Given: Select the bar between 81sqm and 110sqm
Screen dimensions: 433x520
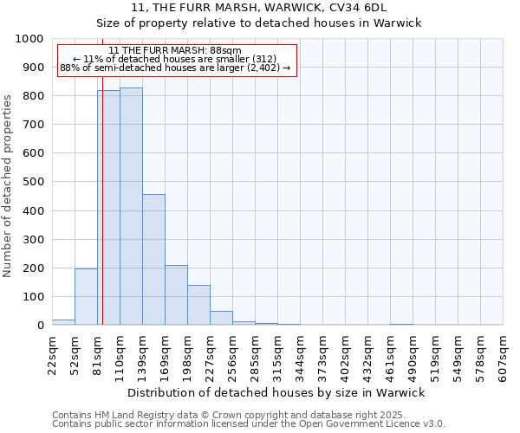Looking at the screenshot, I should (x=108, y=208).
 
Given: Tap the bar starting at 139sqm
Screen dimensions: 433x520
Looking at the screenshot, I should (x=153, y=260).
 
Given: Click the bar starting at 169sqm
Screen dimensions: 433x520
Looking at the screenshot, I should (x=176, y=295).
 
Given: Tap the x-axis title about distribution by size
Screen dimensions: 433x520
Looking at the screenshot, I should (x=277, y=392).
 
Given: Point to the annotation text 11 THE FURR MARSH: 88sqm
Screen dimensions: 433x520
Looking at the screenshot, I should (x=175, y=51).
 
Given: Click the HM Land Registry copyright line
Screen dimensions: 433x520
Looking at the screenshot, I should (x=229, y=415).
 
